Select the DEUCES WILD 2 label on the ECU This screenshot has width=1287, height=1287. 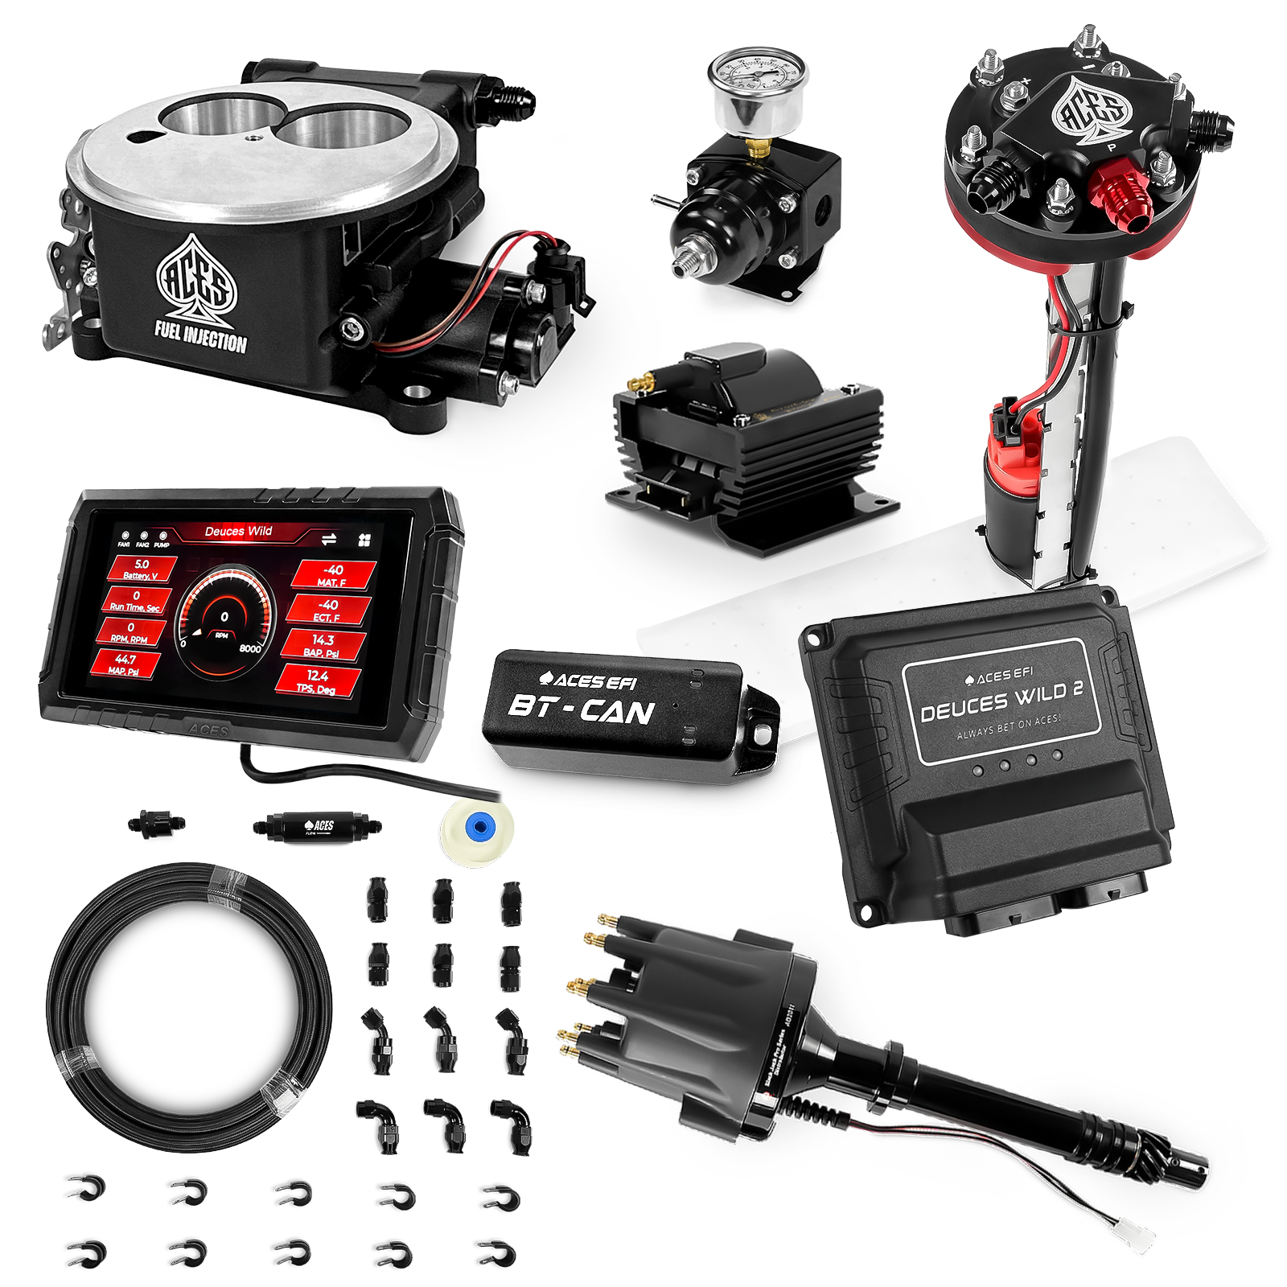[x=1001, y=700]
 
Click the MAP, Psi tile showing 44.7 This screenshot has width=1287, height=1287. [x=125, y=664]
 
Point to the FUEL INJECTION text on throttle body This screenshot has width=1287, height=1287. [x=200, y=336]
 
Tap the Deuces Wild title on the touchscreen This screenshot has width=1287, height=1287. [x=238, y=531]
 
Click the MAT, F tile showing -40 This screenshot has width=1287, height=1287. [x=331, y=574]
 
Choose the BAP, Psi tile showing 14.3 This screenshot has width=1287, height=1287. [x=323, y=644]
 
